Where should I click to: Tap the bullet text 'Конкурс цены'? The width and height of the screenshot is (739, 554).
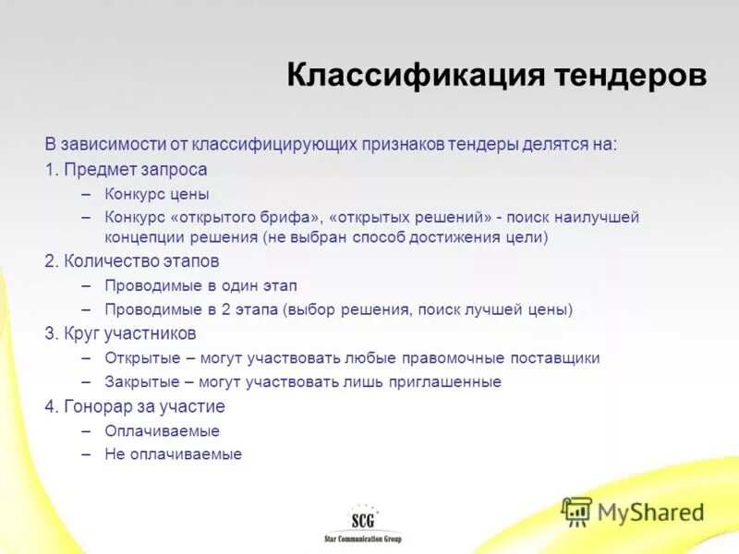pos(157,194)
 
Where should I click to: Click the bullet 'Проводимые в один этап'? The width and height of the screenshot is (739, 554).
pos(200,285)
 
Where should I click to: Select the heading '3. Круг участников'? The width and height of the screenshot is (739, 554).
pos(120,333)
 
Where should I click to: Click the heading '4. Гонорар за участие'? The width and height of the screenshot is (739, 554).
pos(135,406)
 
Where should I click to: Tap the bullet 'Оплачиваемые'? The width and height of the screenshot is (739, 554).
pos(162,430)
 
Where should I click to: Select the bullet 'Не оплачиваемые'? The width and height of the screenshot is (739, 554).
pos(173,454)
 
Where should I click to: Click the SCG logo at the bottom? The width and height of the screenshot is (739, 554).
pos(363,518)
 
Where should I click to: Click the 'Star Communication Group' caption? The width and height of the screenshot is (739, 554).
pos(363,538)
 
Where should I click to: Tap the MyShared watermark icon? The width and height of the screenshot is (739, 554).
pos(577,511)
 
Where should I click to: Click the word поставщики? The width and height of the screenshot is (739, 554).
pos(558,357)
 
